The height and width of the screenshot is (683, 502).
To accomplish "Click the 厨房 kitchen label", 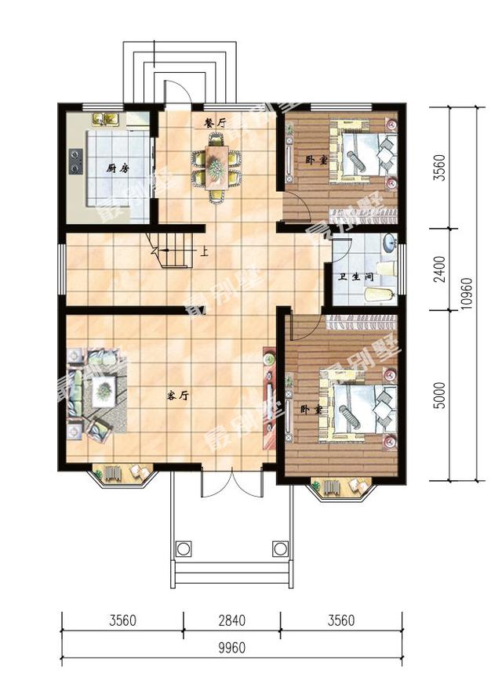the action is coord(118,168).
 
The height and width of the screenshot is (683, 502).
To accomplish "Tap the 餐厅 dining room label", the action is coord(216,123).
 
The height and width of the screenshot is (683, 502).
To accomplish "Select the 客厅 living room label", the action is coord(177,396).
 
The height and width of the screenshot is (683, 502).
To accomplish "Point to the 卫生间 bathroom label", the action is coord(356,276).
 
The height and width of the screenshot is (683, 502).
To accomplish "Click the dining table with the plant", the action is coord(216,167).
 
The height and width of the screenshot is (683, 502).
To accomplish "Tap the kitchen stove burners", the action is coord(76,161).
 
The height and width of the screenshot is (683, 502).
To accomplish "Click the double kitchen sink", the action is coord(107,118).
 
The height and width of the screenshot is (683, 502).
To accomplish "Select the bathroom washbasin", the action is coord(389,243).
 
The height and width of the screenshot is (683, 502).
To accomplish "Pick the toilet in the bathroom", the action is coord(380,295).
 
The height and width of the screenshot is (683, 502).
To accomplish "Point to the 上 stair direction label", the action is coord(204,251).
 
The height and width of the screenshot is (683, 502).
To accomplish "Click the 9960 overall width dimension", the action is coord(232,648).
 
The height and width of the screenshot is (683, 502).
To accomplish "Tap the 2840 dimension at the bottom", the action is coord(232,620).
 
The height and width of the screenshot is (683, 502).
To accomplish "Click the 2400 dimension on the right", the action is coord(441,269).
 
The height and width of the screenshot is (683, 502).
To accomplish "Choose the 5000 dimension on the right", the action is coord(441,395).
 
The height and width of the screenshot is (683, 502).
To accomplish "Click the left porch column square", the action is coord(184,548).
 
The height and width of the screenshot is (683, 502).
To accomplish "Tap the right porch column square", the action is coord(281,548).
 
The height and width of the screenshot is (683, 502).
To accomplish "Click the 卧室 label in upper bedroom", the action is coord(317,161).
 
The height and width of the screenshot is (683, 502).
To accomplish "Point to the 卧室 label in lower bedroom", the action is coord(311,410).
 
